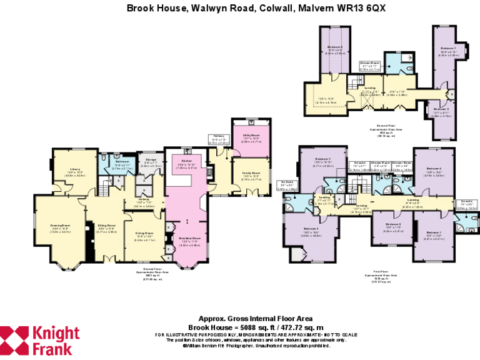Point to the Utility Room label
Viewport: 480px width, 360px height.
point(251,135)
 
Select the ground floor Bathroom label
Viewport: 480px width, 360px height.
point(122,162)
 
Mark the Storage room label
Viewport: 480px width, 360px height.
point(151,160)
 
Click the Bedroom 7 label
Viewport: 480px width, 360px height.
point(448,48)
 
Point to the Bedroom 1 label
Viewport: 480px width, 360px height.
point(434,232)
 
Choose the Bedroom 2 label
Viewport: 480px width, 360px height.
point(312,229)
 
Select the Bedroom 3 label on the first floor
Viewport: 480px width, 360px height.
point(322,159)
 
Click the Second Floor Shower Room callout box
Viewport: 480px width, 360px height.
point(369,64)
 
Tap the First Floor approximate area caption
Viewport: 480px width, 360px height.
point(381,276)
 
